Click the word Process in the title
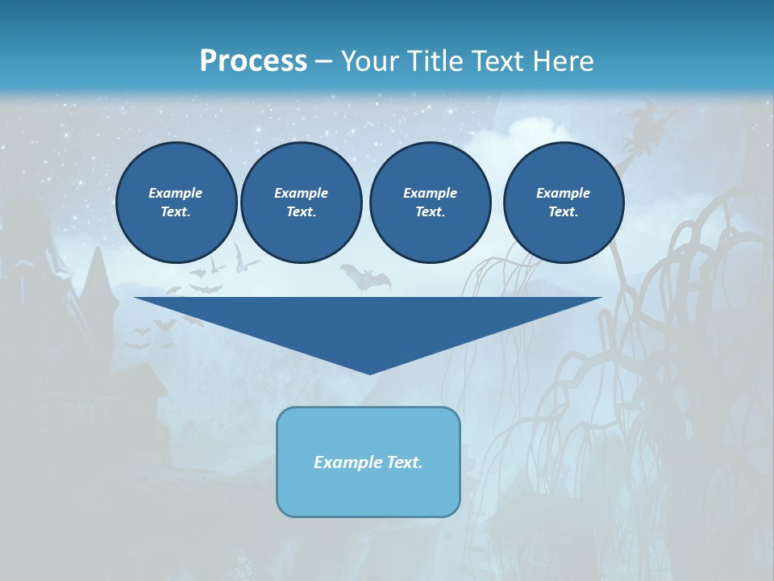coord(253,61)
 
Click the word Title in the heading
coord(433,61)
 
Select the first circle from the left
coord(176,203)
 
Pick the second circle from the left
coord(301,203)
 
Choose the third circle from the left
coord(430,203)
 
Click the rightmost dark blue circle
coord(563,203)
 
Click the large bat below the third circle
coord(365,278)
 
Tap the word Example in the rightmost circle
coord(563,193)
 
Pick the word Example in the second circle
coord(301,193)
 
